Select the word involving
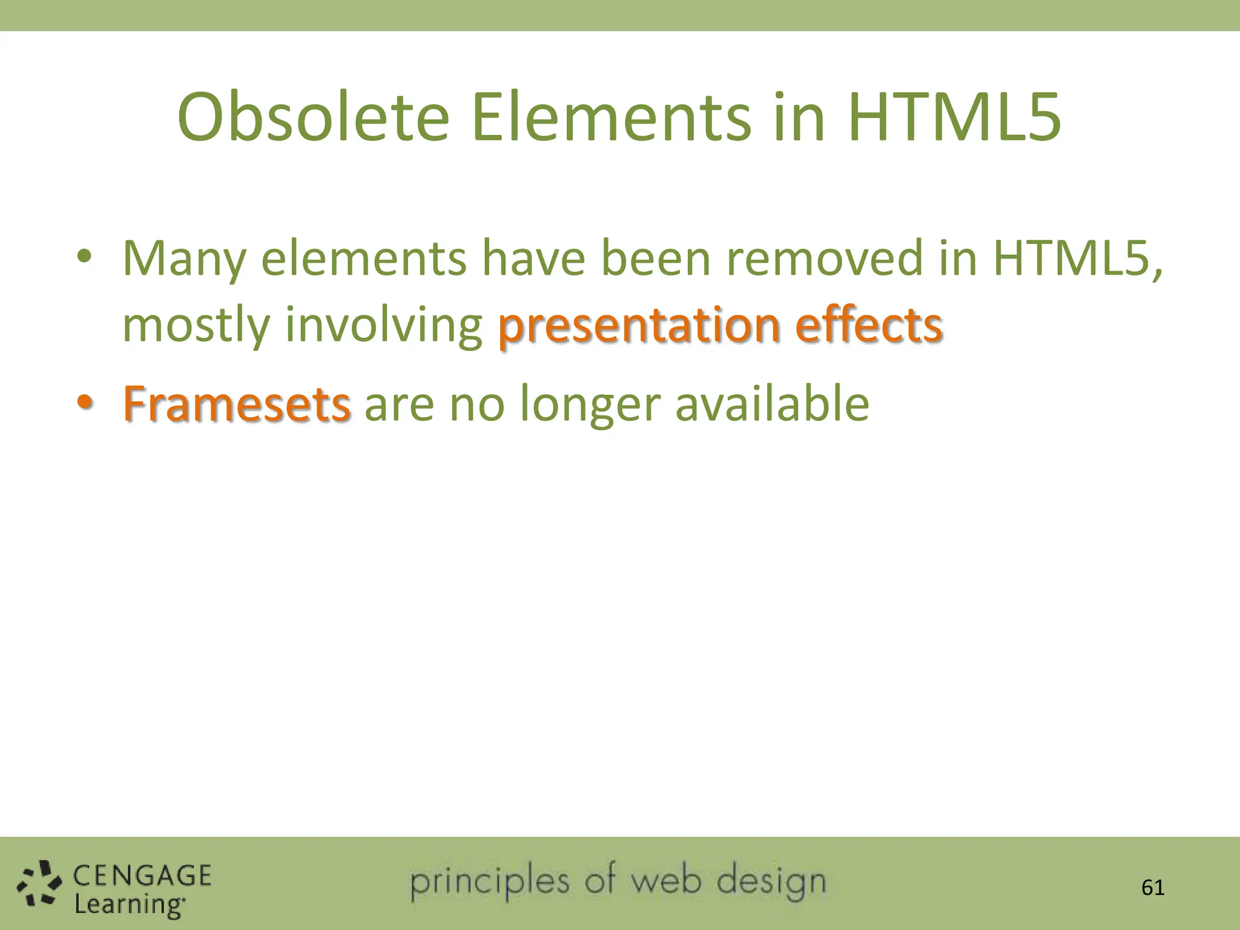coord(383,326)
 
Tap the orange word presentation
coord(639,326)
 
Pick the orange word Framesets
coord(237,404)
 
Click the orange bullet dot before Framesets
coord(85,401)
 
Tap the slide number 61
coord(1153,888)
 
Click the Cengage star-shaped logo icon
coord(39,884)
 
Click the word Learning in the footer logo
coord(129,905)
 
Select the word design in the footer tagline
coord(771,882)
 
